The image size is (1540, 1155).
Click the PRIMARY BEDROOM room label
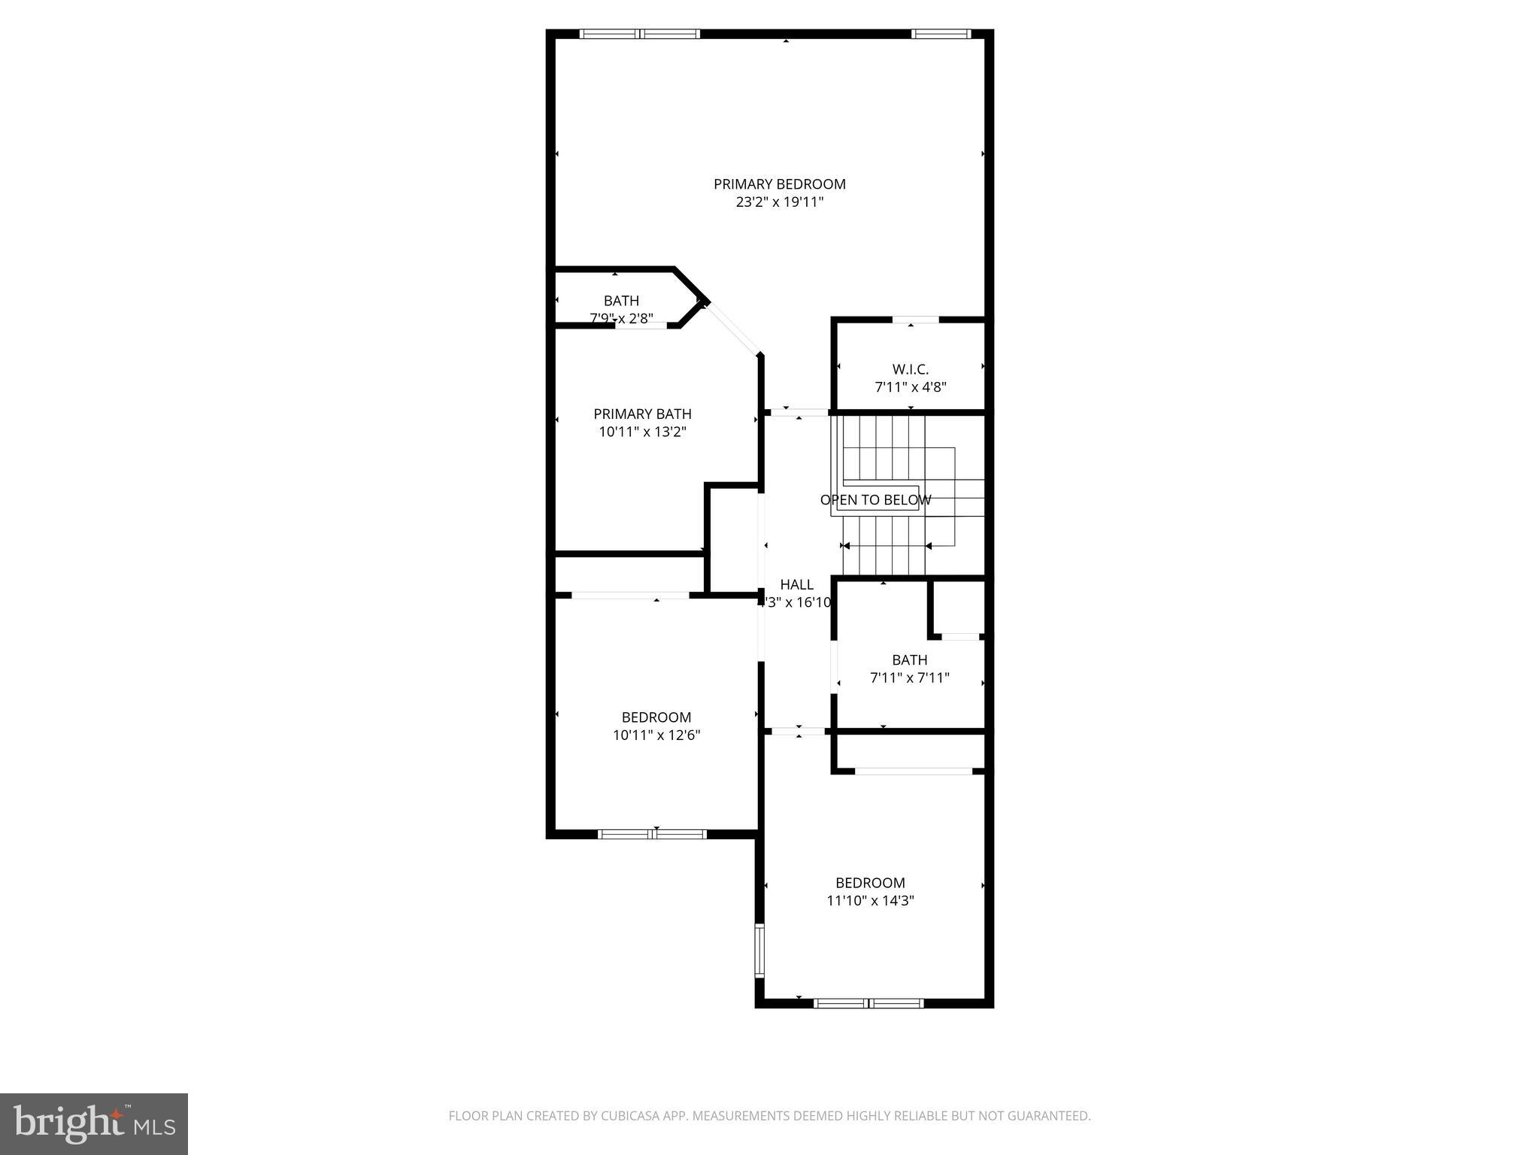(x=779, y=184)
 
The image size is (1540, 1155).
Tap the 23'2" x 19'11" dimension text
(x=779, y=202)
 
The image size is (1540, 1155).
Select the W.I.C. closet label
(x=910, y=369)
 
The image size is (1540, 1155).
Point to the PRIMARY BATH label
(x=642, y=414)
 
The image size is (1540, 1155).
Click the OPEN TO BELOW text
(x=875, y=500)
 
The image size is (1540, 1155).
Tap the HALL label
(x=796, y=584)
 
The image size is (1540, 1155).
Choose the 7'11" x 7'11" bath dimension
(x=909, y=678)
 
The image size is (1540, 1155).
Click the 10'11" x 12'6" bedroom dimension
(x=656, y=735)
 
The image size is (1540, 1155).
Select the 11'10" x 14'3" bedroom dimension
(x=870, y=900)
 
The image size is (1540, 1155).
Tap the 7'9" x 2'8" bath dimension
(x=621, y=318)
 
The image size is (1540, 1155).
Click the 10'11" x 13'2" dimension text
(x=642, y=432)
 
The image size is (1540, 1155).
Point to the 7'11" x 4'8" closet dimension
(x=910, y=387)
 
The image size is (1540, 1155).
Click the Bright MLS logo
(x=94, y=1124)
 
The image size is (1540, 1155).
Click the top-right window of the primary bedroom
(x=941, y=34)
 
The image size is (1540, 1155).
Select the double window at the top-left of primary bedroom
(x=640, y=34)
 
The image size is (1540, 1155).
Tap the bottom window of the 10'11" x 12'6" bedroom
(x=653, y=833)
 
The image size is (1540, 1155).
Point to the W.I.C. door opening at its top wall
(x=915, y=320)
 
